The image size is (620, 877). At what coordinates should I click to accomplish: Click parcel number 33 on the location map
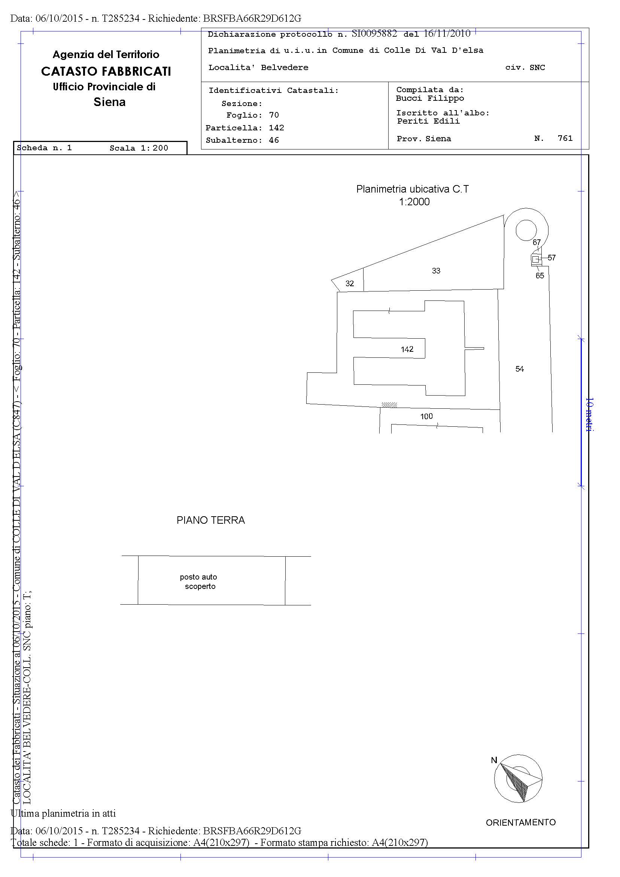click(x=436, y=271)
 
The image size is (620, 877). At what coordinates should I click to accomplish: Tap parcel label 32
click(x=350, y=284)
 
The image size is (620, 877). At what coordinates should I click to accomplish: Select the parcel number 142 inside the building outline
click(x=407, y=349)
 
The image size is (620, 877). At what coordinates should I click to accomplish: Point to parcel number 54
click(x=520, y=369)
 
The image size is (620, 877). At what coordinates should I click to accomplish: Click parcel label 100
click(x=426, y=416)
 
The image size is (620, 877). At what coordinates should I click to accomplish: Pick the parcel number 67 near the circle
click(x=537, y=242)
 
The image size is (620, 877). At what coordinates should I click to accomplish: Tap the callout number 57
click(x=551, y=258)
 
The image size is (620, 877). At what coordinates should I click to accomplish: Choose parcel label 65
click(x=540, y=276)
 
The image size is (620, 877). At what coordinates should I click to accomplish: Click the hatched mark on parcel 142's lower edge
click(x=389, y=405)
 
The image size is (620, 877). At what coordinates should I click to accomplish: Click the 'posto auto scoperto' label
click(x=199, y=582)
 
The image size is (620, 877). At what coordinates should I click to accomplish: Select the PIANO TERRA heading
click(x=211, y=520)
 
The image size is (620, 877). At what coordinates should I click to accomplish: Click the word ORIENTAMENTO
click(x=521, y=822)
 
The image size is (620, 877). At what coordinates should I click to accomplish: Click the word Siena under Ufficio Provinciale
click(x=110, y=102)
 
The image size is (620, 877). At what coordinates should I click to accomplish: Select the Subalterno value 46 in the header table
click(x=274, y=140)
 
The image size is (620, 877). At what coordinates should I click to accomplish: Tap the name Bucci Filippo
click(x=430, y=99)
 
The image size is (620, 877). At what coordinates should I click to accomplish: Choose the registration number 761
click(x=565, y=138)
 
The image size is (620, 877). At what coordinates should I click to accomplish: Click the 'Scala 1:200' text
click(x=139, y=148)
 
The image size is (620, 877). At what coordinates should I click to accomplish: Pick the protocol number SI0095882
click(x=374, y=34)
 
